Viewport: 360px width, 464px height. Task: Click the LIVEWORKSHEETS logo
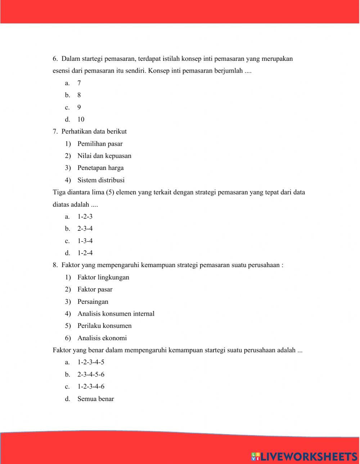(304, 456)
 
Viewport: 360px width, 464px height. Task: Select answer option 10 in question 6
(81, 120)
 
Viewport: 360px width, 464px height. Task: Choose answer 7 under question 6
(79, 83)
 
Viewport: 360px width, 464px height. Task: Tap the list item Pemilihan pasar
(100, 144)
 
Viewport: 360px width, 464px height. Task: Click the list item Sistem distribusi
(101, 180)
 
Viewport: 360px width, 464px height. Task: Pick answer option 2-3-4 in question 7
(85, 229)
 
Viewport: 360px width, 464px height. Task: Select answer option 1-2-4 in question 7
(85, 253)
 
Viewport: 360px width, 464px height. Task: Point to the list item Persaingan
(93, 302)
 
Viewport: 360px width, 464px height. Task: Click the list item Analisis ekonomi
(102, 338)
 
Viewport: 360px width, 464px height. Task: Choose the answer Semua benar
(95, 399)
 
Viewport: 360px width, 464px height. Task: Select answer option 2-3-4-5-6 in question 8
(91, 374)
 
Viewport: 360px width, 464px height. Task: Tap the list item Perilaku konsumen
(104, 326)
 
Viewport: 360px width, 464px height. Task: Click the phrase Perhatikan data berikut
(94, 132)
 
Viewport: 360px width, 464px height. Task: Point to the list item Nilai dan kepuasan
(104, 156)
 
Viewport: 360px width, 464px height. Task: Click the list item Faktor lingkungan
(103, 278)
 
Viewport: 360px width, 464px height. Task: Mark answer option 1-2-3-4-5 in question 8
(91, 362)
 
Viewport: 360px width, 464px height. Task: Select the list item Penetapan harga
(100, 168)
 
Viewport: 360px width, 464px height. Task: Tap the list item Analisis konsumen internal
(116, 314)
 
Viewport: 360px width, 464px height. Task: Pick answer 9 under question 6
(79, 107)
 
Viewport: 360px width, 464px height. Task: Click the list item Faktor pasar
(95, 289)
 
